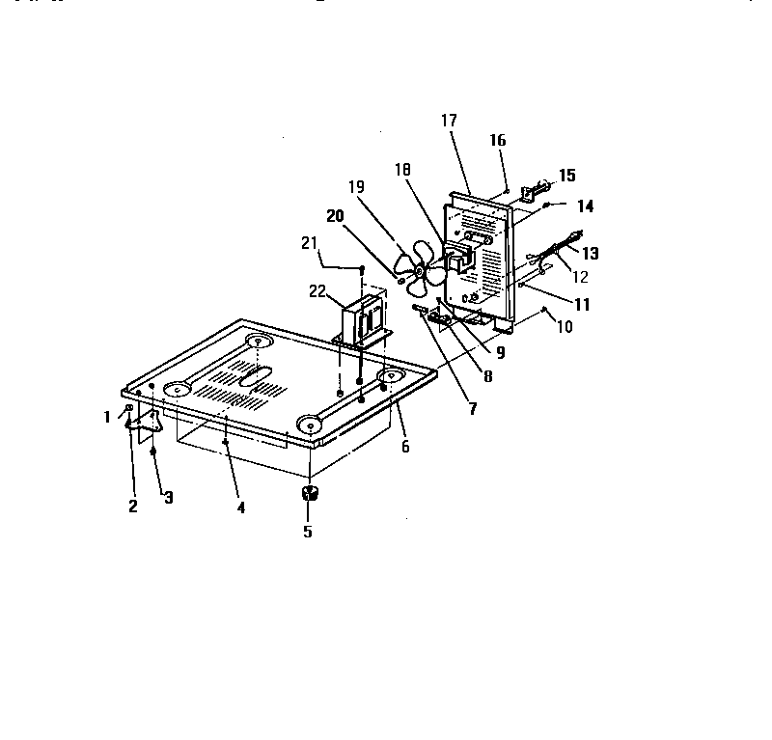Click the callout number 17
(450, 121)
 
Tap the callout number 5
(308, 530)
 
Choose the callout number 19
(357, 188)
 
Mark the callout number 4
(241, 507)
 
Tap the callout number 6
(405, 446)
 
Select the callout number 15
(566, 175)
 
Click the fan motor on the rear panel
(459, 257)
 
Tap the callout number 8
(487, 377)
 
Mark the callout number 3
(168, 498)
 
